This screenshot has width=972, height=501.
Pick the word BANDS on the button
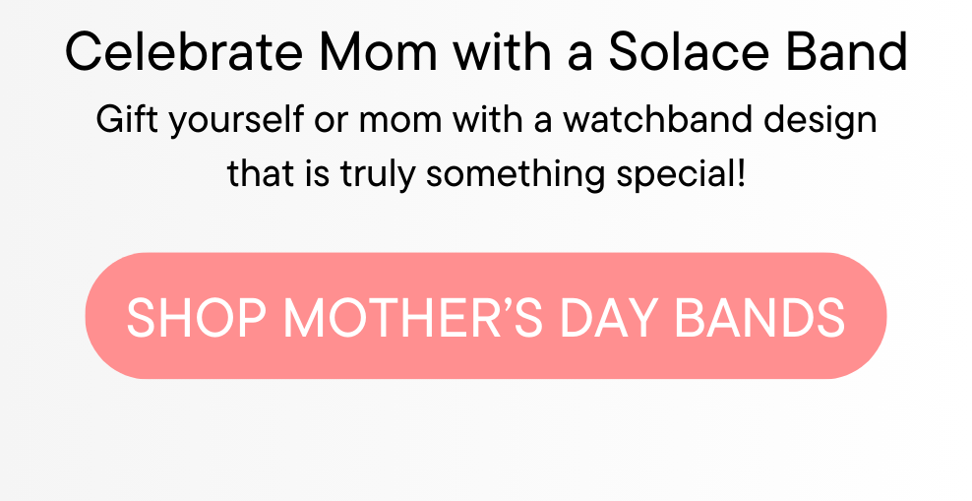click(760, 318)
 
